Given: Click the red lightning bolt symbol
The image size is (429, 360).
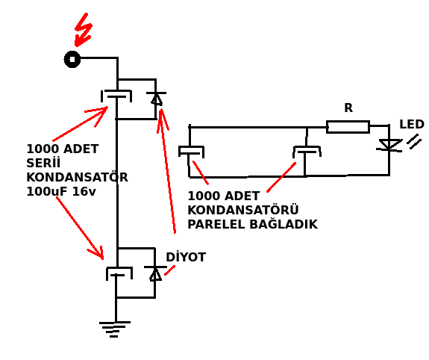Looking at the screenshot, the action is coord(84,30).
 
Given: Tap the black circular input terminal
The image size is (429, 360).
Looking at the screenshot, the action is coord(72,59).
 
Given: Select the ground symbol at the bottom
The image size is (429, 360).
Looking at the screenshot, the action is coord(115,329).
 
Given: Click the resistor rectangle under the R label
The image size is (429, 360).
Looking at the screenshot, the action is coord(348,127).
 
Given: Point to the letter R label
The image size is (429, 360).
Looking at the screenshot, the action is coord(348,108).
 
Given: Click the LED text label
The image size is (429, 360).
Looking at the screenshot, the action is coord(412,124).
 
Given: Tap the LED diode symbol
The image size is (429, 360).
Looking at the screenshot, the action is coord(389,145).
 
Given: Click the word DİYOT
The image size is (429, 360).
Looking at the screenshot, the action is coord(186,257).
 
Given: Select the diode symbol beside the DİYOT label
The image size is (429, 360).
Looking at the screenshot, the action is coord(155,273).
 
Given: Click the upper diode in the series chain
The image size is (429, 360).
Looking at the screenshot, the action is coord(156,99).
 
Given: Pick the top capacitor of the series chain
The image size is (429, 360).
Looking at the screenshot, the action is coord(116,96).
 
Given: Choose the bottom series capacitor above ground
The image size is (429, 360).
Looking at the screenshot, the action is coord(119,273).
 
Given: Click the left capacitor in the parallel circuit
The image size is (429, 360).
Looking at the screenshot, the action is coord(191,152).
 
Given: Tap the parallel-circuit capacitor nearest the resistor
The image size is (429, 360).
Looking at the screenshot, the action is coord(307,152).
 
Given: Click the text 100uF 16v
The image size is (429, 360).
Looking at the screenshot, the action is coord(61,191).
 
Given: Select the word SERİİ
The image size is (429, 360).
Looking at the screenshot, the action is coord(43,163).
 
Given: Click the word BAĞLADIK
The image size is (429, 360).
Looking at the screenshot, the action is coord(284,223).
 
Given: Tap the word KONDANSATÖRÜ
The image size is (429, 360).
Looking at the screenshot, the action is coord(243,209).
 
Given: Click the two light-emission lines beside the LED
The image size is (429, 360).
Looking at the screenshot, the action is coord(414,141).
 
